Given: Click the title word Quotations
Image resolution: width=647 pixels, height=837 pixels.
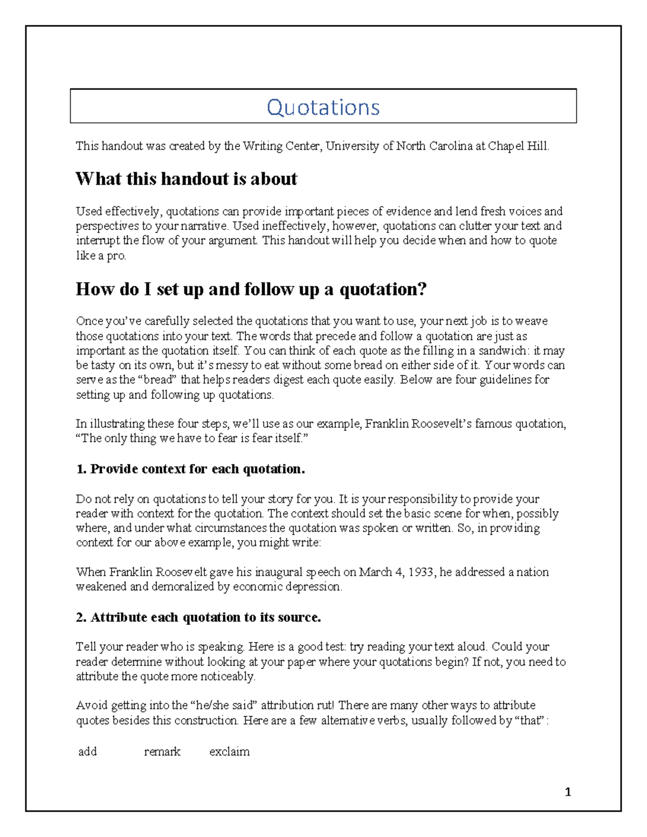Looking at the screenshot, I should point(323,107).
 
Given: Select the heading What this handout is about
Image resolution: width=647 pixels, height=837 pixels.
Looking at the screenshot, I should point(186,179).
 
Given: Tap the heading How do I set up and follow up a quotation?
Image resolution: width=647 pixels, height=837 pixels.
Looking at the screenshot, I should point(251,289).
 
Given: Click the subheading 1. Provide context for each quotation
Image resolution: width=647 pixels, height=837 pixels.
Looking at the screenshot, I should point(190,469).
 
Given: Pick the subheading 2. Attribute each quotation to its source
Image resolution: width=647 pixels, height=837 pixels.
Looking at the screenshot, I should point(198,617).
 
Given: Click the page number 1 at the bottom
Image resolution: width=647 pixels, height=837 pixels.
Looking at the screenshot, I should point(568,792).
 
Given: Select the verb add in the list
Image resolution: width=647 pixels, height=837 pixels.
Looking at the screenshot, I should point(87,751).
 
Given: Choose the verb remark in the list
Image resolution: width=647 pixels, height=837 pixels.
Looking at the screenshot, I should point(162,751).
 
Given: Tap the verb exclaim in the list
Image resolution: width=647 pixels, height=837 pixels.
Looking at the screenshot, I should point(229,751).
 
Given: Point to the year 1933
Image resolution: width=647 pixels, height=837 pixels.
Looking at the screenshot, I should point(421,572).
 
